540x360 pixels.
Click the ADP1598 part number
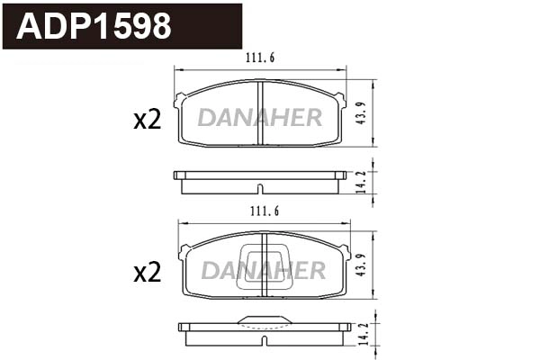(94, 27)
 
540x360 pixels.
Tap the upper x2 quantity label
(147, 120)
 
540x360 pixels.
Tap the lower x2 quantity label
(147, 271)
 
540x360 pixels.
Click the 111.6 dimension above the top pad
(260, 58)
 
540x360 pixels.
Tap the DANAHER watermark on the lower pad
(263, 270)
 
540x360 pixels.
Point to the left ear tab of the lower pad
(183, 251)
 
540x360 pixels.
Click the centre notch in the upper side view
(260, 189)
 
